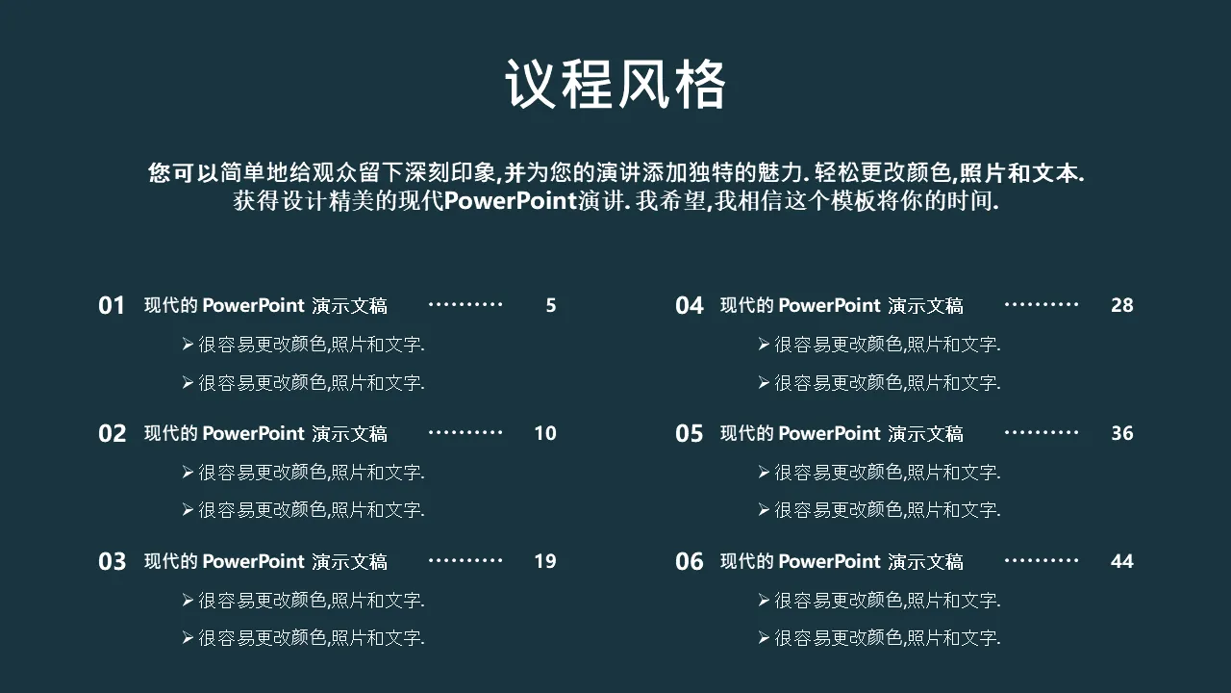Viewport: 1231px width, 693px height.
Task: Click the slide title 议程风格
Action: coord(615,84)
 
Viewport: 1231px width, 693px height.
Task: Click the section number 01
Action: coord(112,305)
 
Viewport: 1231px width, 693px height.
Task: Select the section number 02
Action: coord(113,433)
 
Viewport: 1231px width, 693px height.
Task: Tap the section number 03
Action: coord(113,561)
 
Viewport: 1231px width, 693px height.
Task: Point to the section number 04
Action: coord(690,305)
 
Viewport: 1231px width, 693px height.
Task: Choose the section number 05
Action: coord(690,433)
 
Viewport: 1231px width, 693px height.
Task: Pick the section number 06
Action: coord(690,561)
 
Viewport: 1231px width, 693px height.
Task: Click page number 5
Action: coord(551,305)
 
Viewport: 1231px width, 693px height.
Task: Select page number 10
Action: coord(545,433)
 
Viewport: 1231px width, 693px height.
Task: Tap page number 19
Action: coord(545,561)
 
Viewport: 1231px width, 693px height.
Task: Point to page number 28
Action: coord(1121,305)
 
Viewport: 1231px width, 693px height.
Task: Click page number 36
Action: coord(1121,433)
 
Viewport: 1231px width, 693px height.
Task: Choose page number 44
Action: coord(1121,561)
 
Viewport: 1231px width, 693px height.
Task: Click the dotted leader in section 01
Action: coord(465,304)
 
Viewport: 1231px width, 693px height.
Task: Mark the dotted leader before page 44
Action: coord(1042,560)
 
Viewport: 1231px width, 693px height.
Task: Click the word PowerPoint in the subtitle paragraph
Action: coord(510,201)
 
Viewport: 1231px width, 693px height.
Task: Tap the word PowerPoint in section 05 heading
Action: coord(829,433)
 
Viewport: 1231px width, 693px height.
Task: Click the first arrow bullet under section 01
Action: coord(188,345)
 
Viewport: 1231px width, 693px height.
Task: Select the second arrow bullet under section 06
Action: coord(764,637)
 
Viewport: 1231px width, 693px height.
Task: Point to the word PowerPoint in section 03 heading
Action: coord(253,561)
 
